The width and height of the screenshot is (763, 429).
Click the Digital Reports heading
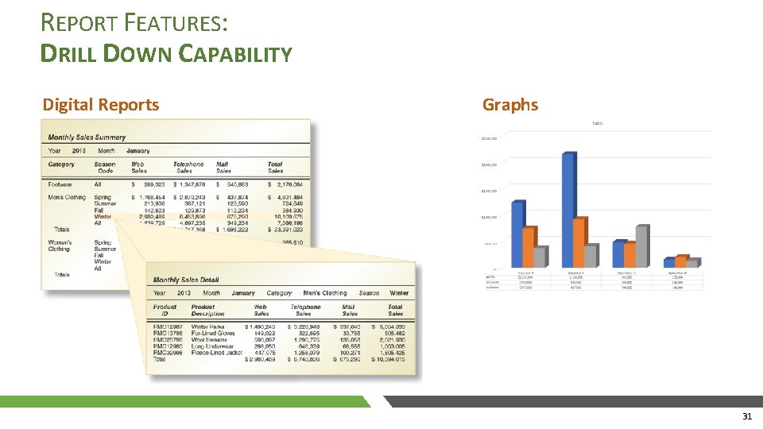tap(100, 105)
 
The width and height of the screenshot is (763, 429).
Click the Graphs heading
tap(510, 105)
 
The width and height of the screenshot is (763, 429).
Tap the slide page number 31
tap(746, 416)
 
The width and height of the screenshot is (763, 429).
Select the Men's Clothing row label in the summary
tap(67, 197)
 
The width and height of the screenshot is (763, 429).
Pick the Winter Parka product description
tap(207, 327)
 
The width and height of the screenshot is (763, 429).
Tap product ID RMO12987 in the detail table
tap(167, 327)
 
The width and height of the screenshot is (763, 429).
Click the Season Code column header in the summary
tap(104, 168)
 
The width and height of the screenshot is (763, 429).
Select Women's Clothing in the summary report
tap(60, 245)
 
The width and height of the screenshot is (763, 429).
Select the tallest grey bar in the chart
tap(641, 246)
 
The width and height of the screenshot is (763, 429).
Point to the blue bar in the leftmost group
tap(517, 234)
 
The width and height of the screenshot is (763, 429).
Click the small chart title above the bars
tap(597, 123)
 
